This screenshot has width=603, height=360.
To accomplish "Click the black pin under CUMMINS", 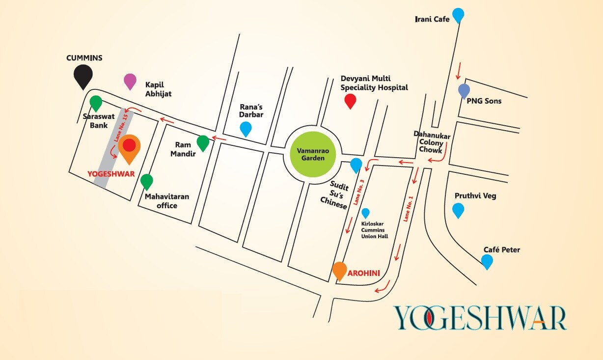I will click(x=83, y=76).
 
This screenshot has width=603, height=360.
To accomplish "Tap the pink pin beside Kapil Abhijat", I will click(x=130, y=81).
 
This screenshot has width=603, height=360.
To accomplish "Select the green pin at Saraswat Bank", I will click(x=96, y=103).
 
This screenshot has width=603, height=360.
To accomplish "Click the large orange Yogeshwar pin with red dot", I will click(x=129, y=147).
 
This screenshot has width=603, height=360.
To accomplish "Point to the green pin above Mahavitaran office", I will click(x=146, y=181).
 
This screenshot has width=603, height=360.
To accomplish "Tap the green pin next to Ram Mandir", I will click(x=203, y=142).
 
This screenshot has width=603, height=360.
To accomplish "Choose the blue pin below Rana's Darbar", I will click(x=246, y=128).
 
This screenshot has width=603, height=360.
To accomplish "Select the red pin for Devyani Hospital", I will click(x=350, y=101).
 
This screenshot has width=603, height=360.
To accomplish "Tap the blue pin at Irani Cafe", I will click(x=458, y=15).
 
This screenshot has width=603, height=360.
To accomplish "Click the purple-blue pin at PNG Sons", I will click(x=464, y=90).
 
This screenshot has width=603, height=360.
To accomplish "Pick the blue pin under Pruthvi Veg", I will click(x=458, y=210).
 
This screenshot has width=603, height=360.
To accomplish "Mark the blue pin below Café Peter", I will click(x=487, y=261).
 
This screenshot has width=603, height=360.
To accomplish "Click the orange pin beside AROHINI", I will click(x=339, y=271).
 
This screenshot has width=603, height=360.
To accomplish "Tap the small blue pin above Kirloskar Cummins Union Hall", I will click(x=365, y=213).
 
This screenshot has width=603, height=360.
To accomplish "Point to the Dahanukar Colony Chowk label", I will click(x=428, y=142).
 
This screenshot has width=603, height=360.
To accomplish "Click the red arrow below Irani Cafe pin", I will click(x=459, y=70).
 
